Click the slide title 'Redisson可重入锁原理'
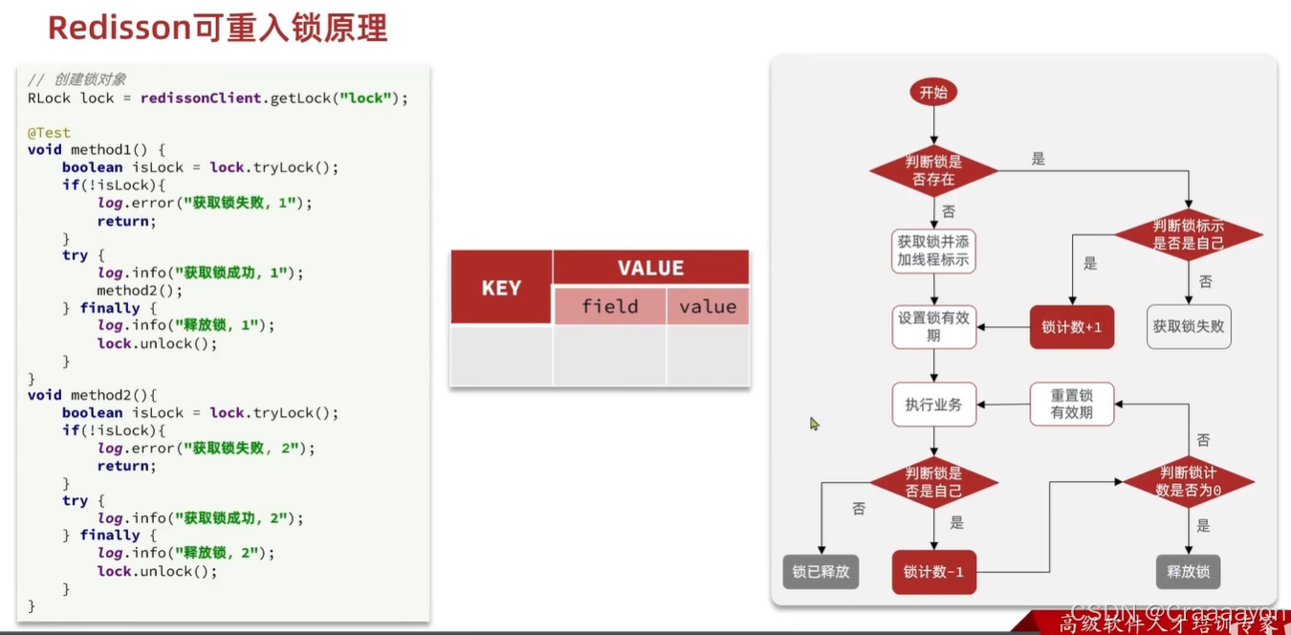tap(217, 29)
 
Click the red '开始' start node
tap(933, 93)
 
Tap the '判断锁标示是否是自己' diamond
tap(1188, 234)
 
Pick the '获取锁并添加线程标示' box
tap(933, 251)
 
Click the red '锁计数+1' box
tap(1071, 327)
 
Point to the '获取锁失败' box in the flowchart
tap(1189, 327)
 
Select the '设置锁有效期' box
tap(933, 327)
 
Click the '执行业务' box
tap(933, 405)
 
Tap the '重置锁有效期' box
tap(1071, 405)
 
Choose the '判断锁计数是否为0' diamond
tap(1188, 481)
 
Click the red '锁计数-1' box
tap(933, 572)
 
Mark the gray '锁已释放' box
tap(821, 572)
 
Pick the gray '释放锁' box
tap(1188, 572)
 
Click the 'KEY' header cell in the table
tap(501, 288)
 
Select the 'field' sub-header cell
tap(609, 306)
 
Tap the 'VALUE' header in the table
tap(650, 268)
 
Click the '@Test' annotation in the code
tap(49, 133)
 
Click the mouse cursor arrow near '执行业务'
tap(814, 423)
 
